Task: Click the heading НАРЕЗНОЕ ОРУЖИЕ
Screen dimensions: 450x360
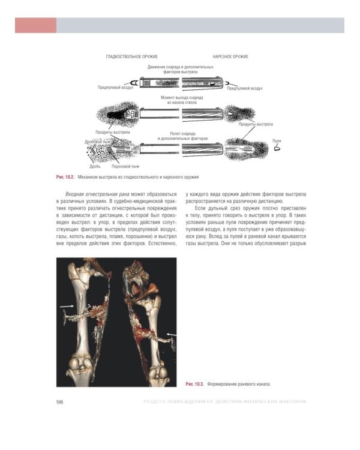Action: [231, 56]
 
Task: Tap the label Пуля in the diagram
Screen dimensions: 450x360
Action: [277, 140]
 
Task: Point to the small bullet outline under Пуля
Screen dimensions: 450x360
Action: [277, 146]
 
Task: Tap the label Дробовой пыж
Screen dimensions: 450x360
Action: [98, 142]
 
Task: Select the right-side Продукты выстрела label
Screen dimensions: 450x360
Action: [256, 124]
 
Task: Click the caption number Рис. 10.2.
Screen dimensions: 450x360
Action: [64, 178]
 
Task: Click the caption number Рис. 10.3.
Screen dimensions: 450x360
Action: [195, 382]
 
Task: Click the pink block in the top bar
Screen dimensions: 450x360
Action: [35, 25]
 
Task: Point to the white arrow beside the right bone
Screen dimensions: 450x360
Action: [172, 332]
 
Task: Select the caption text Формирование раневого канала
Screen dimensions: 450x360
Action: [239, 382]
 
